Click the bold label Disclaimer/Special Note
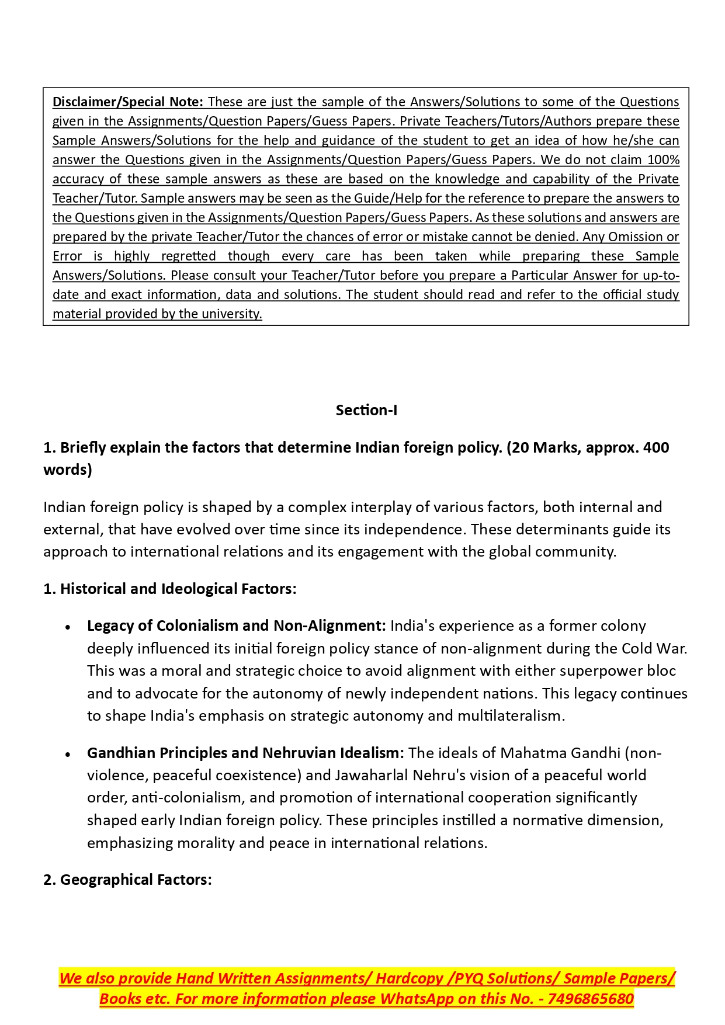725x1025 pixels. pyautogui.click(x=127, y=102)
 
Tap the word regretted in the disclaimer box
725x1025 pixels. pyautogui.click(x=188, y=256)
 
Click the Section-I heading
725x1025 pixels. pyautogui.click(x=366, y=410)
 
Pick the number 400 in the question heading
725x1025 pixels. pyautogui.click(x=656, y=447)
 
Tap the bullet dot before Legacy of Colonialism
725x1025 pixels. pyautogui.click(x=68, y=627)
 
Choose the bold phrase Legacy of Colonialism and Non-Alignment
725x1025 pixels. pyautogui.click(x=236, y=626)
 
